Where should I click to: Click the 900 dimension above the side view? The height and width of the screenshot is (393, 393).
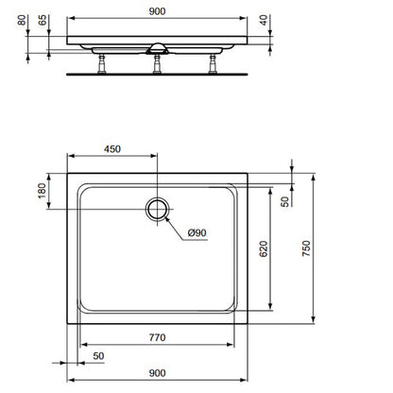pyautogui.click(x=157, y=11)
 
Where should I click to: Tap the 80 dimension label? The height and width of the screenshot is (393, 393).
pyautogui.click(x=22, y=20)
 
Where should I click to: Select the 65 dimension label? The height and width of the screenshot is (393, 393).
pyautogui.click(x=43, y=20)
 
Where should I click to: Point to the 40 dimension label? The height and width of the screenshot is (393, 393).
pyautogui.click(x=264, y=20)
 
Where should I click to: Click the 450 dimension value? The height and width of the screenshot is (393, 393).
pyautogui.click(x=112, y=148)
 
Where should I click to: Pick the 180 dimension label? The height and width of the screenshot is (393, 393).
pyautogui.click(x=42, y=191)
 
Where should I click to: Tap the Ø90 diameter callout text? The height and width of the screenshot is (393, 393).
pyautogui.click(x=196, y=232)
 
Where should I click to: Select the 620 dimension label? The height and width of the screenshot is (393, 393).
pyautogui.click(x=264, y=248)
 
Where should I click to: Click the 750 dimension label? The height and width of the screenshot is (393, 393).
pyautogui.click(x=306, y=248)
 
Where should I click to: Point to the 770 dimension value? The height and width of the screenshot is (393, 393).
pyautogui.click(x=157, y=337)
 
